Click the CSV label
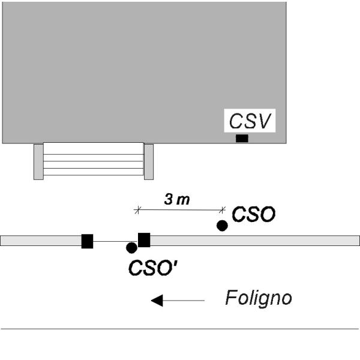[250, 121]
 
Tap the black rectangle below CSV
[242, 138]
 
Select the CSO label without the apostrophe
[254, 214]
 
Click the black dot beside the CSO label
[222, 226]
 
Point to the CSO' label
[152, 268]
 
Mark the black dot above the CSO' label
[131, 248]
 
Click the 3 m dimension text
[177, 199]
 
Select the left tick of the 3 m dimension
[137, 210]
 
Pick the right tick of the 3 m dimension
[222, 210]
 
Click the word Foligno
[259, 298]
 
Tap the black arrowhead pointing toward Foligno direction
[157, 301]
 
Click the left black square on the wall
[87, 241]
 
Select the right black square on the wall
[144, 240]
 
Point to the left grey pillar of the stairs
[38, 162]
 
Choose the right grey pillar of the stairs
[149, 162]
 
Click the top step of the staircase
[94, 149]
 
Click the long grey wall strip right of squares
[255, 241]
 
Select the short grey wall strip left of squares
[41, 241]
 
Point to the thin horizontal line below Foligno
[180, 329]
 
